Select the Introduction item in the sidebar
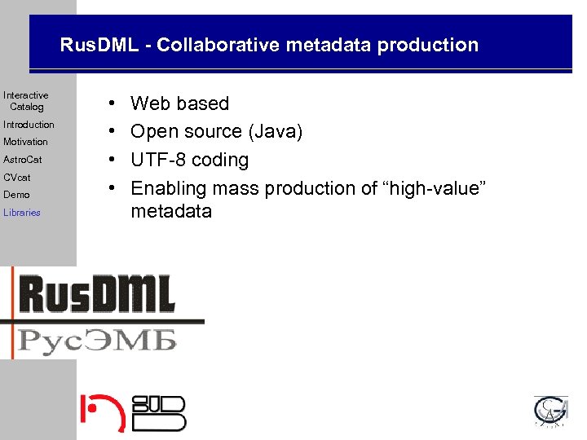tap(29, 125)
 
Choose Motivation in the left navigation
tap(25, 142)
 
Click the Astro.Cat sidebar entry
tap(22, 160)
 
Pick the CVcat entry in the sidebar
tap(16, 177)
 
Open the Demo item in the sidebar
tap(16, 195)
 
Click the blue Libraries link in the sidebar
tap(22, 213)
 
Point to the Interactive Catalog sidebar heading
tap(26, 101)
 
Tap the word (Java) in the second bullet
tap(275, 131)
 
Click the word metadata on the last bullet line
tap(171, 212)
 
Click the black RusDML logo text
tap(98, 294)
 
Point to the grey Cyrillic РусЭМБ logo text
tap(98, 337)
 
